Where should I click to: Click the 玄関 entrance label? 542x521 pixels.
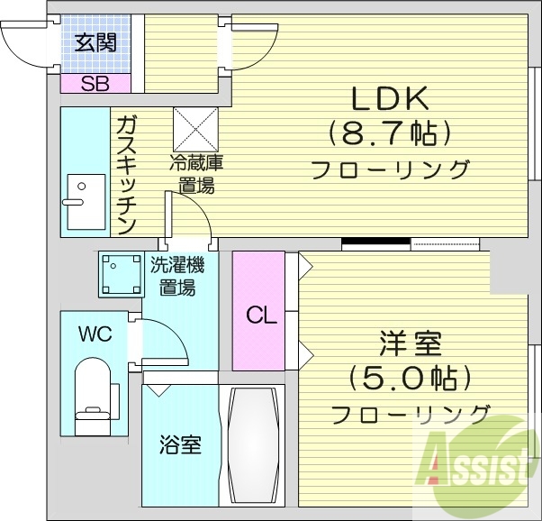pyautogui.click(x=95, y=43)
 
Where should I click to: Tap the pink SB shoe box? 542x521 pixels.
pyautogui.click(x=95, y=84)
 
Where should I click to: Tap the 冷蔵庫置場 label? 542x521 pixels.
pyautogui.click(x=196, y=175)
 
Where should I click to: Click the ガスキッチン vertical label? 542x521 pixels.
pyautogui.click(x=125, y=173)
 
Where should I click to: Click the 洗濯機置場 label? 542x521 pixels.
pyautogui.click(x=176, y=277)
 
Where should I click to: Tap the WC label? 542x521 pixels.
pyautogui.click(x=94, y=334)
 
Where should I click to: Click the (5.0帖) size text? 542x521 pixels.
pyautogui.click(x=411, y=378)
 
